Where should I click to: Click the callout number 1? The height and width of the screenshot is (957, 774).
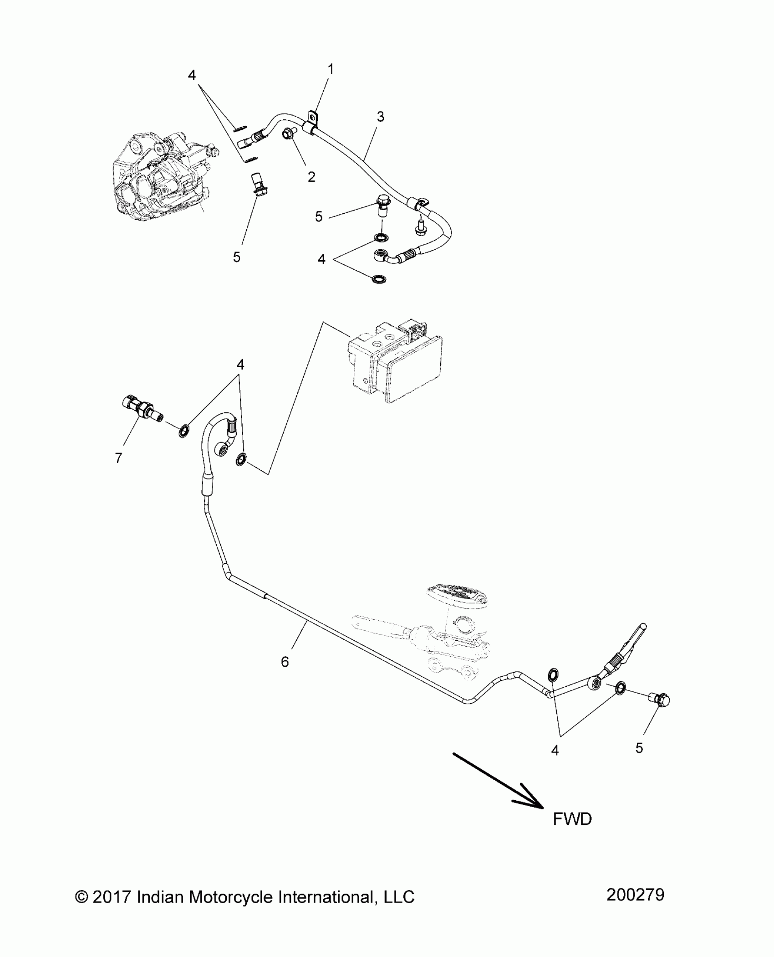331,69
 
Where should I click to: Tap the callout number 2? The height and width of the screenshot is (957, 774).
311,177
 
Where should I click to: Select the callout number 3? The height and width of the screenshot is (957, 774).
381,117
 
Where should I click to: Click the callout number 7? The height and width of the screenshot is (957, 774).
119,458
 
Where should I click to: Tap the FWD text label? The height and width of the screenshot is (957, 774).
572,819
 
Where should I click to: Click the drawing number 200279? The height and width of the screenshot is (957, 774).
635,895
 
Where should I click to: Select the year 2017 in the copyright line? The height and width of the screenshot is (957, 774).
112,897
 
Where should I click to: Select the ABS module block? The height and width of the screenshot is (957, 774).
395,362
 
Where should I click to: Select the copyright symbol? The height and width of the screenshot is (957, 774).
81,897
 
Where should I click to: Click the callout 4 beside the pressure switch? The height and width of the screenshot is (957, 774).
240,364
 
